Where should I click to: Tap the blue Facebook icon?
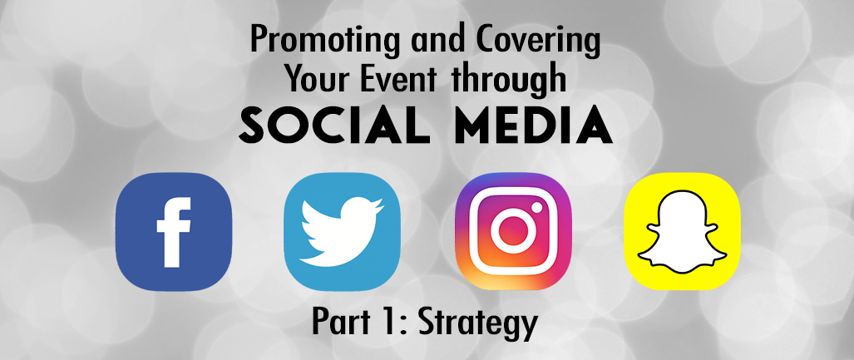[x=174, y=231]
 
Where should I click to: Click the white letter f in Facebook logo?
[x=174, y=232]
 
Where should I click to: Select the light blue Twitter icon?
[x=343, y=231]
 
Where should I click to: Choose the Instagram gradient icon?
[x=513, y=231]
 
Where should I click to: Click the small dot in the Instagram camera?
[x=537, y=207]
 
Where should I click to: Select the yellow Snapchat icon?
[x=682, y=231]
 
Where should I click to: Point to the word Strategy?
[x=477, y=323]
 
